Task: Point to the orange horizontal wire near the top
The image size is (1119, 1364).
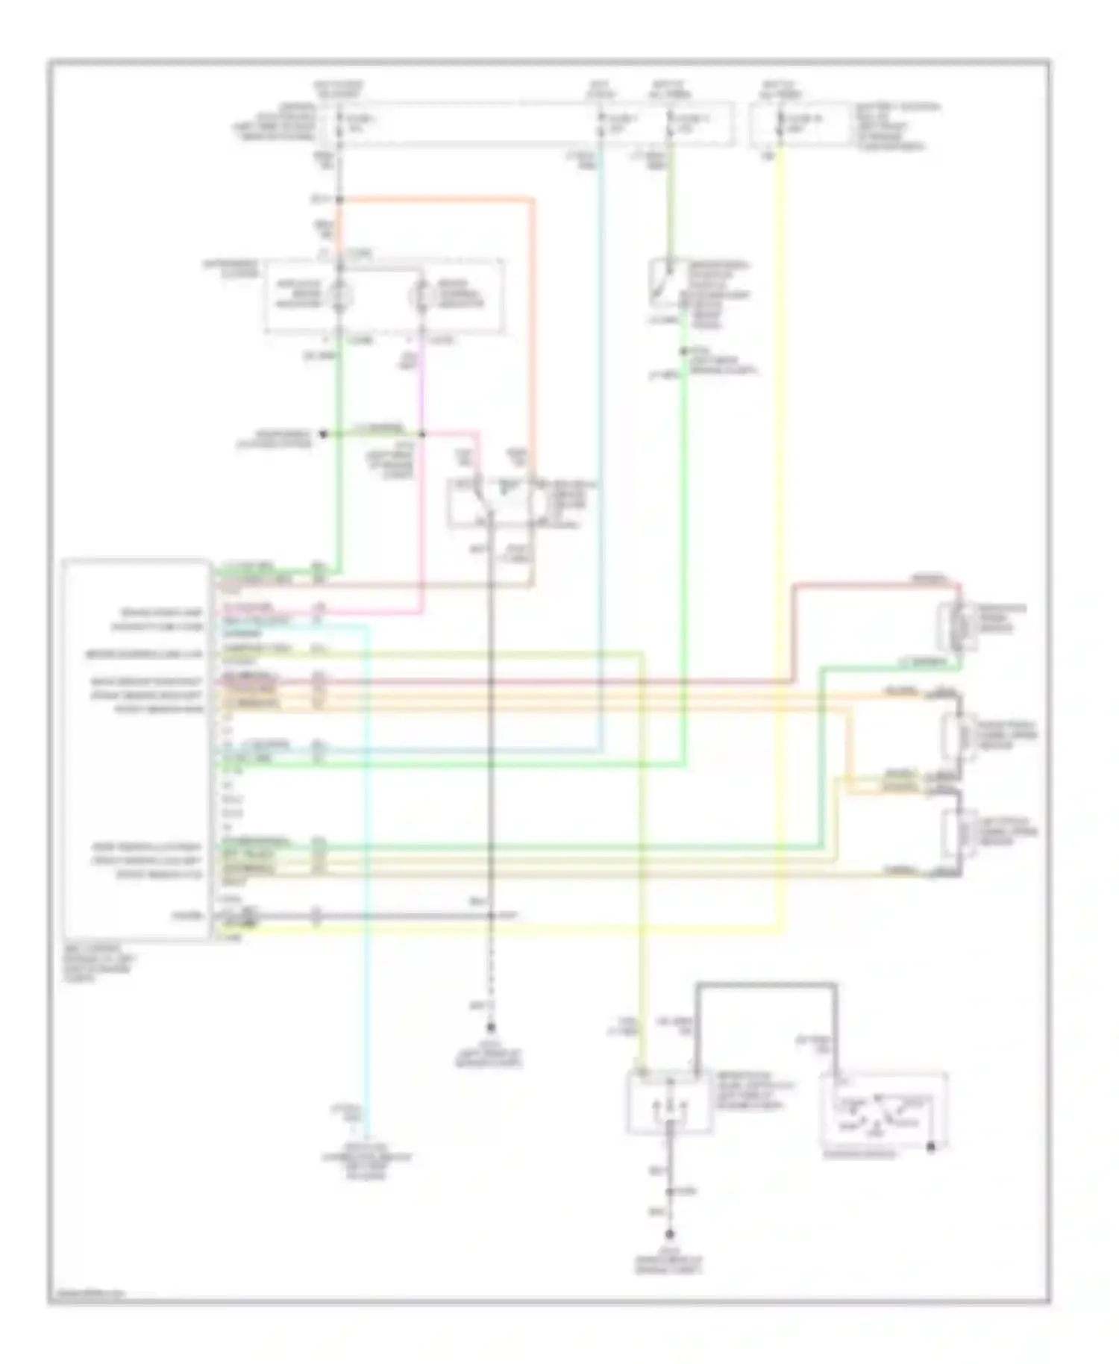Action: click(436, 199)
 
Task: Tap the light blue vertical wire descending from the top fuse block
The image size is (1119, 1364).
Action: click(601, 448)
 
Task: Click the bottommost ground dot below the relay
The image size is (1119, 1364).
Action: click(671, 1233)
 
